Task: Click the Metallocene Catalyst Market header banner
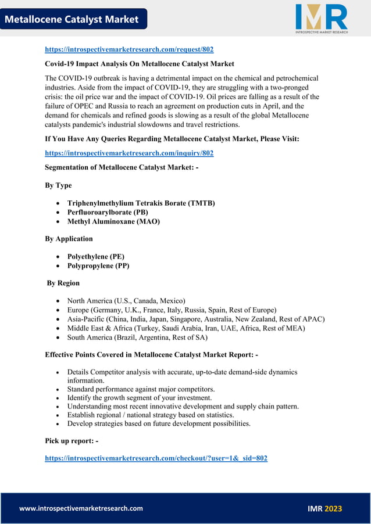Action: tap(72, 19)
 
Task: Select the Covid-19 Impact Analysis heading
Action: tap(140, 63)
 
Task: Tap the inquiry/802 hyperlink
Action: tap(129, 153)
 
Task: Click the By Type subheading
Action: tap(58, 185)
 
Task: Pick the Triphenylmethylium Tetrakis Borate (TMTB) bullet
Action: tap(141, 203)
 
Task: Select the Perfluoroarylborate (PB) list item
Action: tap(108, 212)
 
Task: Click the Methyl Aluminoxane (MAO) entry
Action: tap(113, 221)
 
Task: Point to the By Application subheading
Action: tap(69, 239)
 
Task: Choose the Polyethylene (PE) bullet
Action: tap(95, 256)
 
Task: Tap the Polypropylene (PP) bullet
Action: tap(98, 265)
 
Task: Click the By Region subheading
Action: tap(63, 283)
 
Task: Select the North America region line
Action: tap(126, 300)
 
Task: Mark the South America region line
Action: tap(137, 338)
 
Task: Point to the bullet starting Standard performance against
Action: tap(141, 389)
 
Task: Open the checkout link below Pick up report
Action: tap(156, 458)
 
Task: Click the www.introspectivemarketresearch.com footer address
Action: tap(81, 508)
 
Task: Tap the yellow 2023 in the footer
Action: tap(333, 508)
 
